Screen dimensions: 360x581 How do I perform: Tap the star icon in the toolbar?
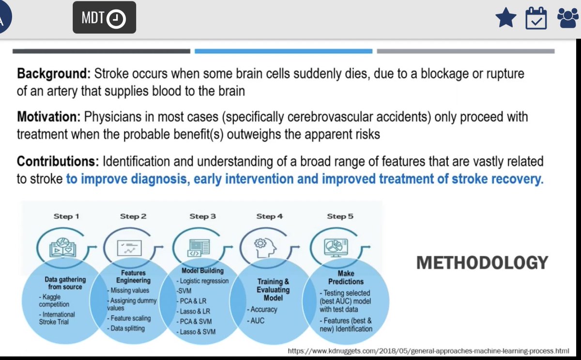pos(505,18)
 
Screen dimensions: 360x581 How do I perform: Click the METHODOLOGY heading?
pos(482,263)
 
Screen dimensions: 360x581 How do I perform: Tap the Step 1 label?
pos(66,216)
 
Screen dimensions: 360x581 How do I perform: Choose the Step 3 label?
pos(203,216)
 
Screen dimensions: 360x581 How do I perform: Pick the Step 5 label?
pos(340,216)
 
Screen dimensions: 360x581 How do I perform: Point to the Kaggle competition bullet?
pos(54,300)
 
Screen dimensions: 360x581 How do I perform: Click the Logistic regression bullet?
pos(203,281)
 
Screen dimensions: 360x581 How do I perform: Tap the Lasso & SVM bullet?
pos(196,331)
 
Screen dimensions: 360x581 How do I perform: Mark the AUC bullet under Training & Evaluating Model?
pos(257,320)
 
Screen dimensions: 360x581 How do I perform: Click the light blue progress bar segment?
pos(284,51)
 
